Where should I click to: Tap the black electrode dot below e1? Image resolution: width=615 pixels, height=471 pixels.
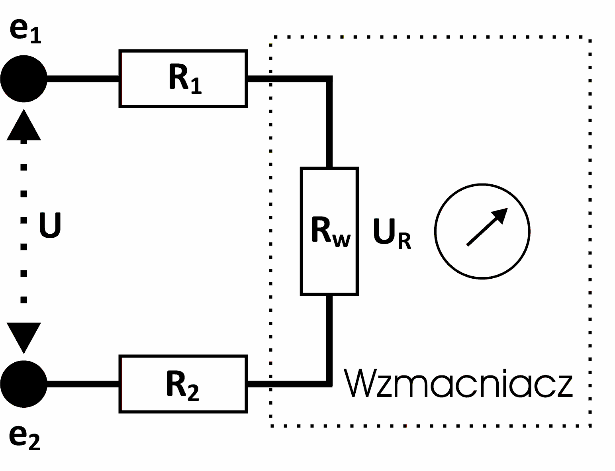tap(24, 78)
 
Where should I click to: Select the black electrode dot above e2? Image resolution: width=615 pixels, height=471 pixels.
tap(24, 384)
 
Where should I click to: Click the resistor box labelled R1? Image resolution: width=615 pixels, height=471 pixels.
tap(183, 78)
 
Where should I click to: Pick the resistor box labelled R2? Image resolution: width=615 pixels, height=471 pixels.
tap(183, 384)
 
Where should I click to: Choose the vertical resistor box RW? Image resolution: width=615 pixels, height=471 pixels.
tap(329, 231)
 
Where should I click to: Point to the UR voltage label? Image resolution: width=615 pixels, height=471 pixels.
tap(392, 233)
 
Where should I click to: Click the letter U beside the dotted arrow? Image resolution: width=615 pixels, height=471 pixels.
tap(50, 225)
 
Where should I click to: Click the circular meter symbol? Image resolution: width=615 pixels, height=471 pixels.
tap(482, 231)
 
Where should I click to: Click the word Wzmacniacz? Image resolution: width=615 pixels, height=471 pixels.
tap(458, 383)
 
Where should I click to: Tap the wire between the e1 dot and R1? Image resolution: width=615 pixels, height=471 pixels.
tap(83, 78)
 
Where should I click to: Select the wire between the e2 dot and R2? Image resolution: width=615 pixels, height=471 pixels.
tap(83, 384)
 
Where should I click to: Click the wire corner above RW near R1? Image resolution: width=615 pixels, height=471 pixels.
tap(329, 79)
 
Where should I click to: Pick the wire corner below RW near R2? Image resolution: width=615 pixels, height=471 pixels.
tap(329, 383)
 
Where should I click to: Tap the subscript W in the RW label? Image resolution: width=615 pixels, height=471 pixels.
tap(341, 240)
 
